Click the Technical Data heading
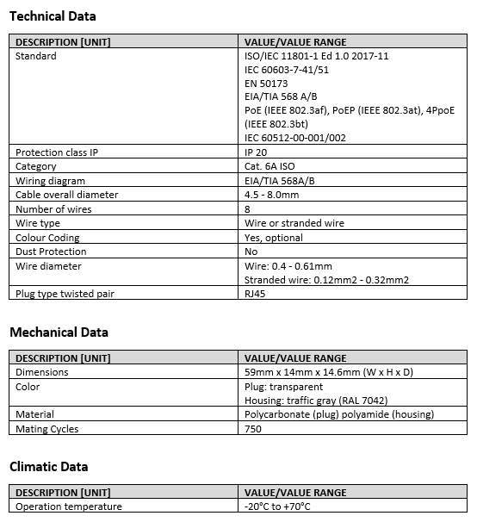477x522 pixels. pos(53,16)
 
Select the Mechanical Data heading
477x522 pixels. pos(59,332)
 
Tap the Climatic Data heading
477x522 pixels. pos(48,466)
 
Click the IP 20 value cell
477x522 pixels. pos(257,152)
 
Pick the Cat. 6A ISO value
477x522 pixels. pos(269,166)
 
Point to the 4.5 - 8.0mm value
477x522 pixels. pos(272,195)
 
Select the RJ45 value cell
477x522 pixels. pos(256,294)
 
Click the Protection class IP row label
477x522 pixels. pos(57,152)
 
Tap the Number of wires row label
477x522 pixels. pos(54,209)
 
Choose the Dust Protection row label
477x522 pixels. pos(51,252)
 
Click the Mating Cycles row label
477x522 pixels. pos(46,428)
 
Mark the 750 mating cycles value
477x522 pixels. pos(253,428)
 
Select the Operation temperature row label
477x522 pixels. pos(69,506)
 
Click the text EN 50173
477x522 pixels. pos(266,84)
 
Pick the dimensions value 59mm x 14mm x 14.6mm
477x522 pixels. pos(329,372)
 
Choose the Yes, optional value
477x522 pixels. pos(274,238)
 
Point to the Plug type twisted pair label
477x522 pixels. pos(65,294)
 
